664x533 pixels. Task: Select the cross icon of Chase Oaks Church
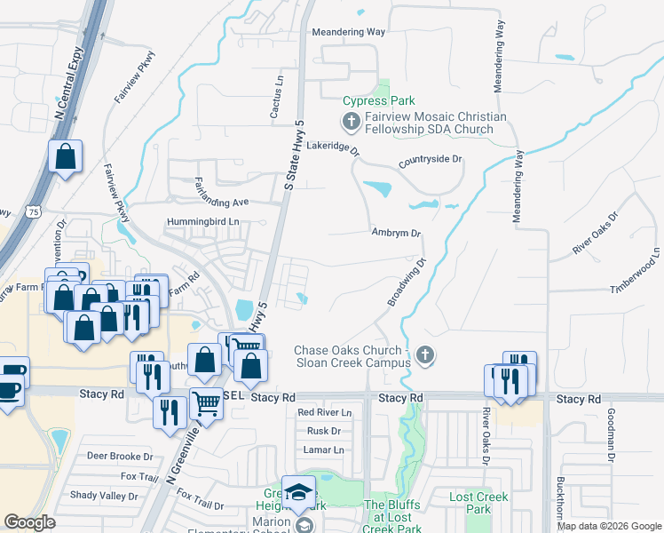tap(425, 355)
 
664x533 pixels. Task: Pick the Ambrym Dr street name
tap(395, 233)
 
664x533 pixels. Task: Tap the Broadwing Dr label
tap(407, 282)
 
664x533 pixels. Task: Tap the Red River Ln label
tap(324, 413)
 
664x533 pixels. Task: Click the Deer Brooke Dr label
tap(121, 456)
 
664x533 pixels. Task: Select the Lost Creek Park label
tap(470, 503)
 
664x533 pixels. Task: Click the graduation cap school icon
tap(298, 493)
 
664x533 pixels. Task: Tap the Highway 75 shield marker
tap(32, 211)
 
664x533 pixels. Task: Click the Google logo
tap(30, 522)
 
